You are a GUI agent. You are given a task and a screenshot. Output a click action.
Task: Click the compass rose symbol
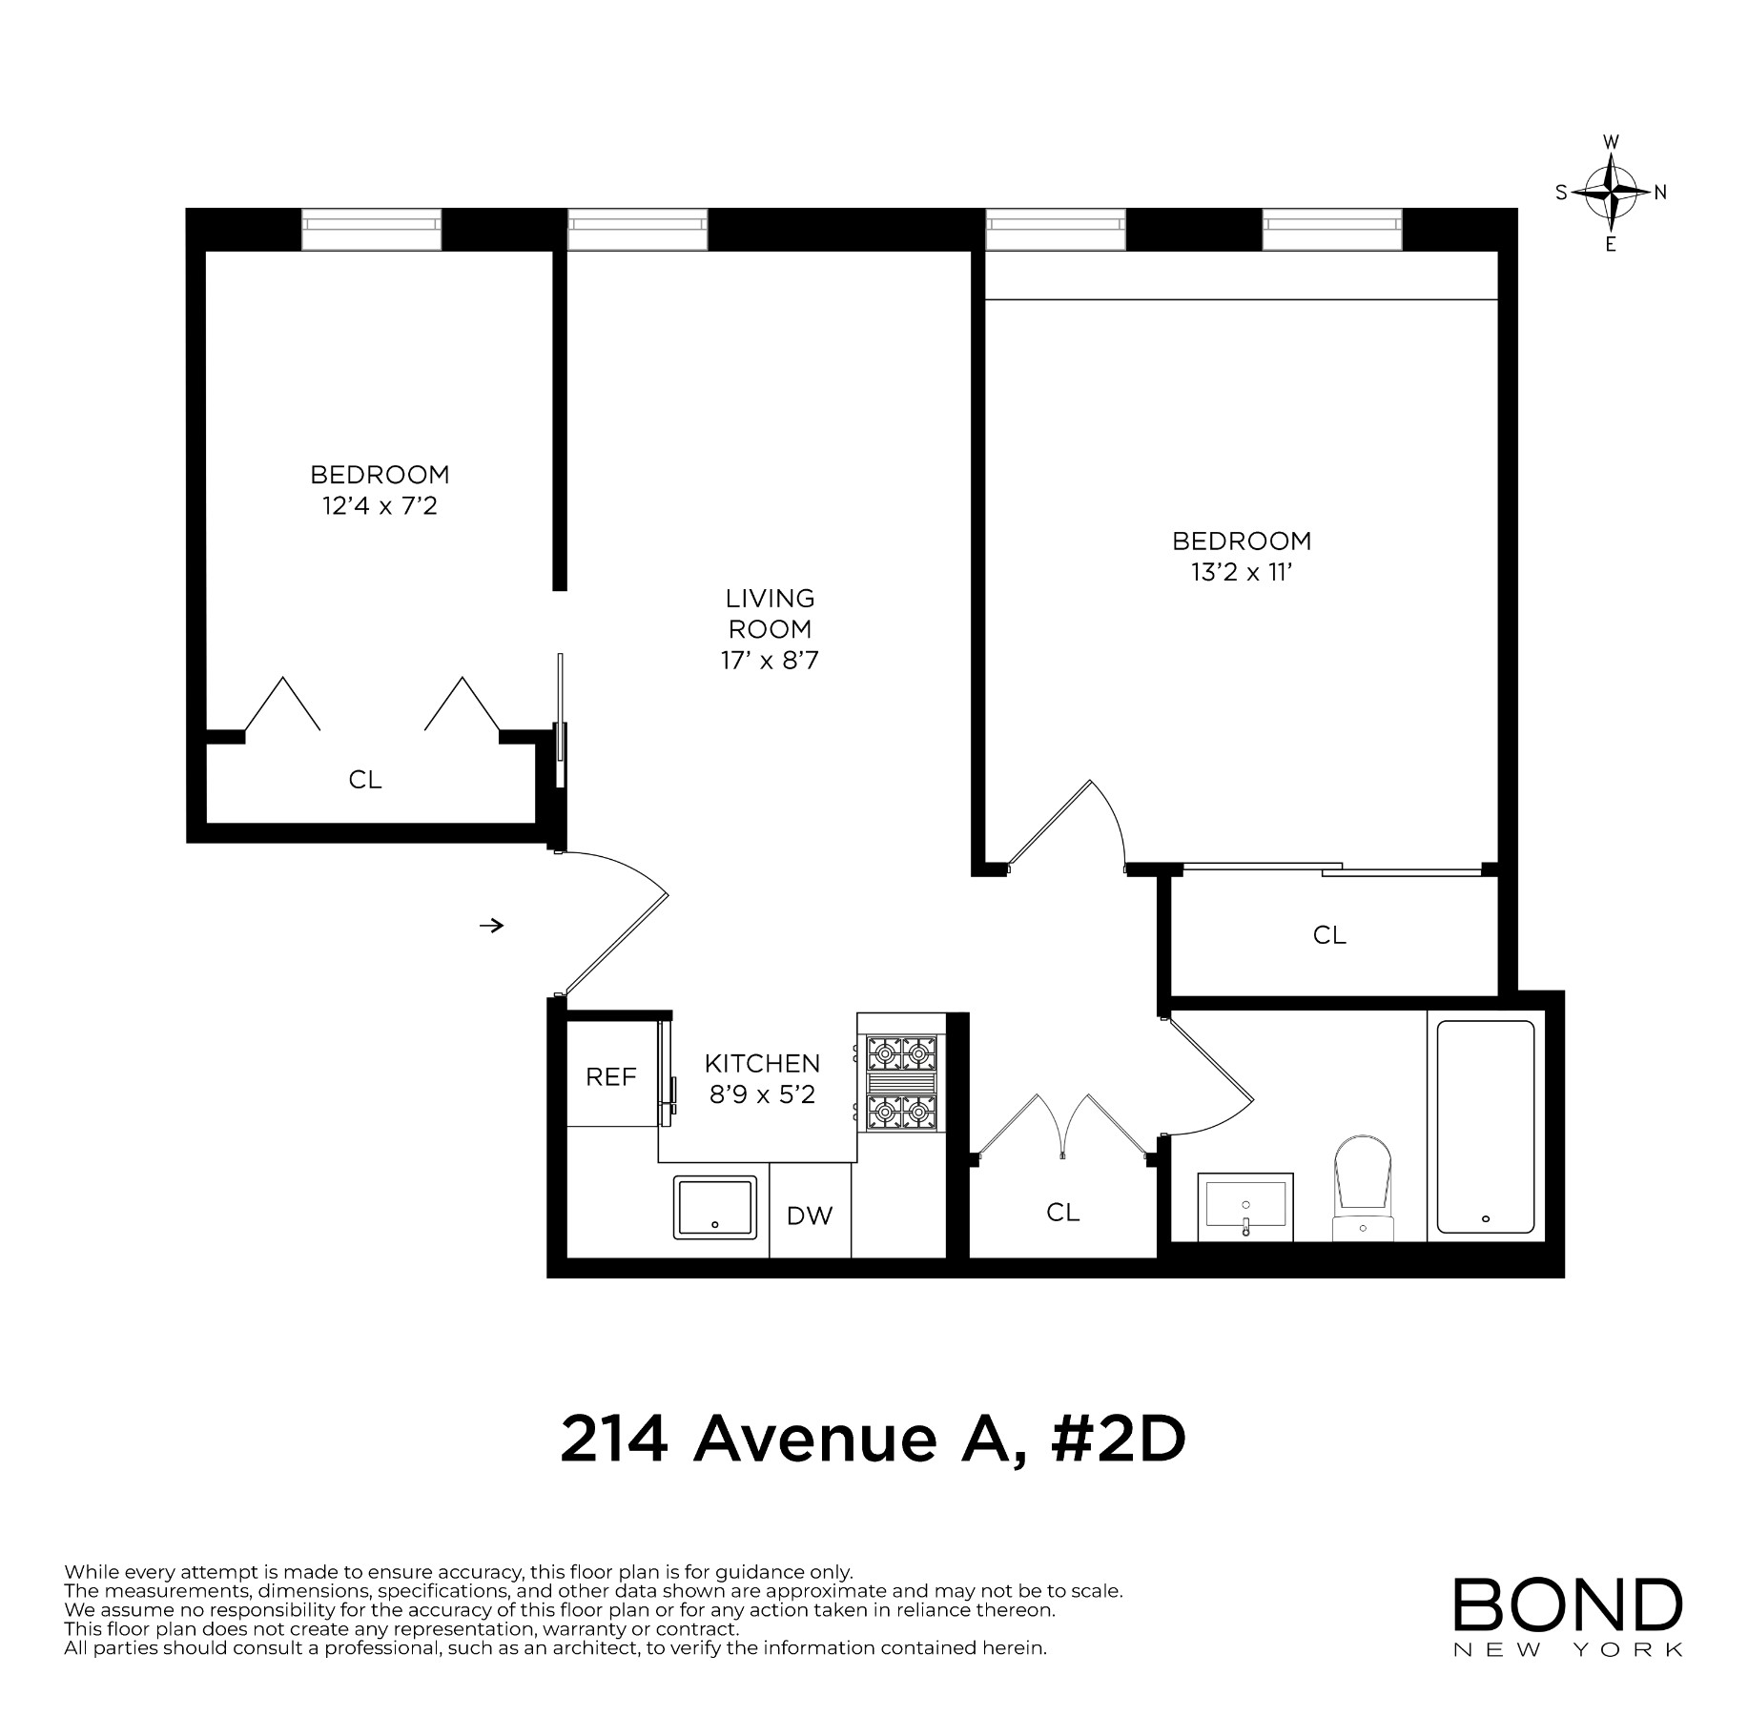[x=1611, y=193]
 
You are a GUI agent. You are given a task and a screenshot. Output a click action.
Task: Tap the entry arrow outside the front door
[x=491, y=925]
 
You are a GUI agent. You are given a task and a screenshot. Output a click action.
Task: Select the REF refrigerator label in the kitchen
[x=611, y=1076]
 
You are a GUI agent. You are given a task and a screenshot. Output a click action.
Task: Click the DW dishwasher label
[x=810, y=1215]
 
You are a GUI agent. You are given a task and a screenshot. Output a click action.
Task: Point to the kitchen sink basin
[x=715, y=1207]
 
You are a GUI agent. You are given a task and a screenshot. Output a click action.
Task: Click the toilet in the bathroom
[x=1364, y=1188]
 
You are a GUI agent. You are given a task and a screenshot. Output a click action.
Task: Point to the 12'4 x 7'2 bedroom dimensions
[x=380, y=505]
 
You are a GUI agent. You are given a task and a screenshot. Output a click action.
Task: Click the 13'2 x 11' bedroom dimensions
[x=1241, y=572]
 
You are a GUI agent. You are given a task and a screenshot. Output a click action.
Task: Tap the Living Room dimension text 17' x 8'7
[x=770, y=660]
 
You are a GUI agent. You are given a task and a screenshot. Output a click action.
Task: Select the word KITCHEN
[x=762, y=1063]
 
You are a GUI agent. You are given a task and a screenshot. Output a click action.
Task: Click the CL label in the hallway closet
[x=1062, y=1212]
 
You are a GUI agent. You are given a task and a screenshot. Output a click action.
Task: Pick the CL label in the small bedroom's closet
[x=365, y=780]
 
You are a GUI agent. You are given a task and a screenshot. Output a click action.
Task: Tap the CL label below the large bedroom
[x=1329, y=935]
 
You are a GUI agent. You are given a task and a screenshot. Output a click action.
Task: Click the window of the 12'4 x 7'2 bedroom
[x=372, y=230]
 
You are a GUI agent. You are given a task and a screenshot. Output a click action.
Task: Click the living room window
[x=638, y=230]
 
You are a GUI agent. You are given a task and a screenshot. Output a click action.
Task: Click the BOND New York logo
[x=1568, y=1617]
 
